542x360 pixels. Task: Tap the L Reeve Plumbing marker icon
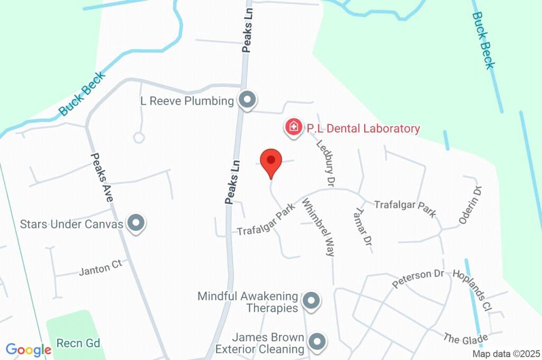[x=247, y=100]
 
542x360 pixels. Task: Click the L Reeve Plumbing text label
[x=186, y=101]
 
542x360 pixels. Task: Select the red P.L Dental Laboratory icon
[x=292, y=128]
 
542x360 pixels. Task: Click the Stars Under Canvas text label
[x=71, y=224]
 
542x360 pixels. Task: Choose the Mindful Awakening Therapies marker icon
[x=311, y=301]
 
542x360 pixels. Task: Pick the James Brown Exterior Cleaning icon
[x=317, y=341]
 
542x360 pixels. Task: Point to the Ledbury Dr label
[x=326, y=163]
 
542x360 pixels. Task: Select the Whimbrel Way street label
[x=319, y=227]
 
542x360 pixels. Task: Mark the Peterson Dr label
[x=418, y=279]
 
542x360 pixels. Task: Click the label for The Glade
[x=465, y=338]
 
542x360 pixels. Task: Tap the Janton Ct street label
[x=101, y=268]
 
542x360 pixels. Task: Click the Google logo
[x=29, y=349]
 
